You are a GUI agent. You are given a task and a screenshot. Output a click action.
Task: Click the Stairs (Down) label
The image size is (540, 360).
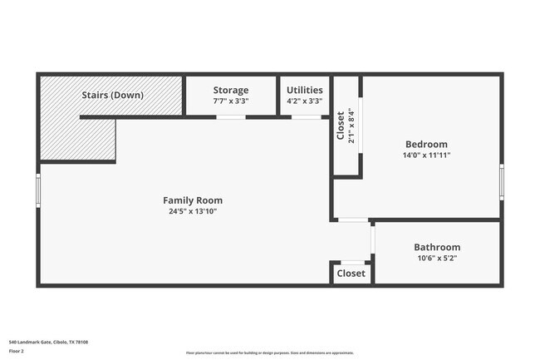112,95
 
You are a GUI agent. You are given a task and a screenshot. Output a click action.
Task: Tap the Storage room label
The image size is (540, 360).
230,90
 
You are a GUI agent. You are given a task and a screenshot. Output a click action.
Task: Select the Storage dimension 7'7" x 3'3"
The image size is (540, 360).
230,101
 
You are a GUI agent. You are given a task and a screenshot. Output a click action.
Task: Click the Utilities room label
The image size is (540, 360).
305,90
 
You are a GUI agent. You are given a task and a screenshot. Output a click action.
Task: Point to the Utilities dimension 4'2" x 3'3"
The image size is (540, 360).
305,101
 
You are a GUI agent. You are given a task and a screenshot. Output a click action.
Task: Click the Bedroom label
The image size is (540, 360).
425,144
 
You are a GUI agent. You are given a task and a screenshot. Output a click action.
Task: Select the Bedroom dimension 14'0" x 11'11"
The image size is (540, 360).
425,155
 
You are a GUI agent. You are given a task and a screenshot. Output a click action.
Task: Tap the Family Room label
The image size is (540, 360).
192,200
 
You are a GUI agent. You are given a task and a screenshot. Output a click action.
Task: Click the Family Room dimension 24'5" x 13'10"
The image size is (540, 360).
192,211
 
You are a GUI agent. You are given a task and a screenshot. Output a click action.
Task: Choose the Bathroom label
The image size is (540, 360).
436,247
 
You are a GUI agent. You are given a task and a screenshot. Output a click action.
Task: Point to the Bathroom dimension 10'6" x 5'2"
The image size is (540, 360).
436,258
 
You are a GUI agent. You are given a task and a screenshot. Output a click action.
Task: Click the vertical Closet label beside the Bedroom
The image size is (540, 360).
341,126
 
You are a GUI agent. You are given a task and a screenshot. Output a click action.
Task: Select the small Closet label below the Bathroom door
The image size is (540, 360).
351,274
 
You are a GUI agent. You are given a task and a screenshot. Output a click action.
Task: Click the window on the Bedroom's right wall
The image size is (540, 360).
501,181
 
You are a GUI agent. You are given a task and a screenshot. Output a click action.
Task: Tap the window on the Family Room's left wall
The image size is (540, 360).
38,189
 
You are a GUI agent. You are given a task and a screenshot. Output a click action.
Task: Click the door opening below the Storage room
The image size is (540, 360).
230,117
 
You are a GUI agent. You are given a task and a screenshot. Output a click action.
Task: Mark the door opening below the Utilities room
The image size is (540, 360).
306,117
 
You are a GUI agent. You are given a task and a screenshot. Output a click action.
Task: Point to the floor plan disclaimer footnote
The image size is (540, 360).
269,353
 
